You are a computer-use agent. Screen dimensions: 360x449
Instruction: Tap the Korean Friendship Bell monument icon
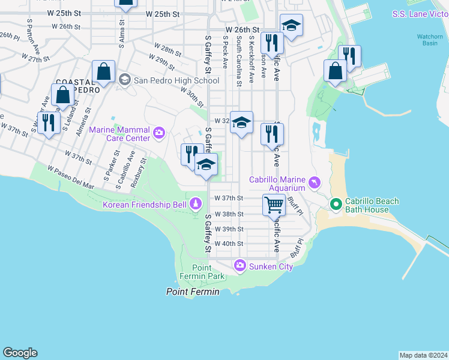[195, 205]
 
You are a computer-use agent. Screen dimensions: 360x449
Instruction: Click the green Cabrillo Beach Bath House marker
[335, 205]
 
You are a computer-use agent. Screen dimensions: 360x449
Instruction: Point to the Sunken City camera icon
[240, 265]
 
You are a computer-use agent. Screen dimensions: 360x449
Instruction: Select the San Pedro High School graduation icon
[124, 79]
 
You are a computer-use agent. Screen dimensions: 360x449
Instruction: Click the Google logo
[20, 353]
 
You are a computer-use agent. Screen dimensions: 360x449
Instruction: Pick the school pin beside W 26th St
[291, 26]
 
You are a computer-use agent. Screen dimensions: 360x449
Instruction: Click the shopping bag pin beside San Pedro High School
[104, 72]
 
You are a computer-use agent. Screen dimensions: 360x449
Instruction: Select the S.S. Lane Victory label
[420, 14]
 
